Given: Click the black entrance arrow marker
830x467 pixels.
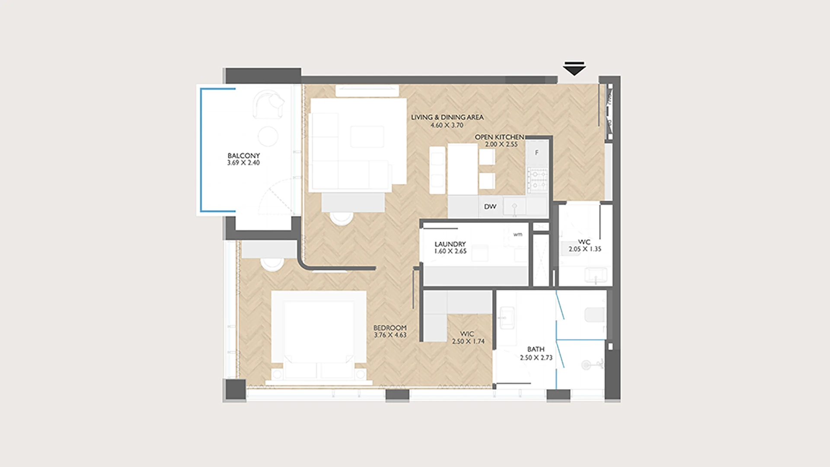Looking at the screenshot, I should coord(574,68).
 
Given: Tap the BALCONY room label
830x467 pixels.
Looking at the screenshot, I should coord(243,156).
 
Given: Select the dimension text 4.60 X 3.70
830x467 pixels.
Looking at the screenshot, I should coord(447,125).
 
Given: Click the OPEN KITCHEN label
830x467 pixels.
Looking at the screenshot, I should coord(499,137).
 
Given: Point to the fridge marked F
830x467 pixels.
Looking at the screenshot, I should coord(537,152).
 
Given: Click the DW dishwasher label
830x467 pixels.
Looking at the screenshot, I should coord(490,207).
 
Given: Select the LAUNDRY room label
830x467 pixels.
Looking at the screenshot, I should coord(450,244).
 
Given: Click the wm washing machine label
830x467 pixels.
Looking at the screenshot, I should coord(517,235).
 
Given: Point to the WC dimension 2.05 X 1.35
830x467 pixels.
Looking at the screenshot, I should coord(584,249).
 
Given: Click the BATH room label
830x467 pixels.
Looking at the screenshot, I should coord(536,349).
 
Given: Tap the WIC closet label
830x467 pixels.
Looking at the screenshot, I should coord(467,334).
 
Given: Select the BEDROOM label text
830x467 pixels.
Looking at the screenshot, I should coord(390,328).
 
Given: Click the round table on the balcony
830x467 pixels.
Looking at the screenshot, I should coord(268,137).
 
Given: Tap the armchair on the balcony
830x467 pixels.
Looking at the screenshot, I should coord(268,105).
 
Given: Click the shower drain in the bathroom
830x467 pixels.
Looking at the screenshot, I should coord(586,365).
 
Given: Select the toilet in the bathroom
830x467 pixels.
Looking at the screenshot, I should coord(594,315).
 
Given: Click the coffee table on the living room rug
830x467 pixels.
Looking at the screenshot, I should coord(367,137).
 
